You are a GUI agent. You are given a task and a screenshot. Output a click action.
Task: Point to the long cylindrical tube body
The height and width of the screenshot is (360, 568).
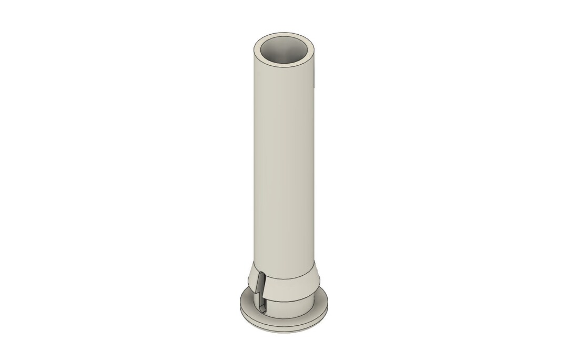click(284, 158)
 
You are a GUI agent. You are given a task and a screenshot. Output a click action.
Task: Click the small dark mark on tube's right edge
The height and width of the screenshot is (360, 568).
click(314, 79)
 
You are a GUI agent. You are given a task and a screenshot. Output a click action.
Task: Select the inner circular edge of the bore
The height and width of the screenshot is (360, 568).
click(285, 38)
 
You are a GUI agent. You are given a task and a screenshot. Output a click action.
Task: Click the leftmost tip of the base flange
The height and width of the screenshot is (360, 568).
click(240, 305)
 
